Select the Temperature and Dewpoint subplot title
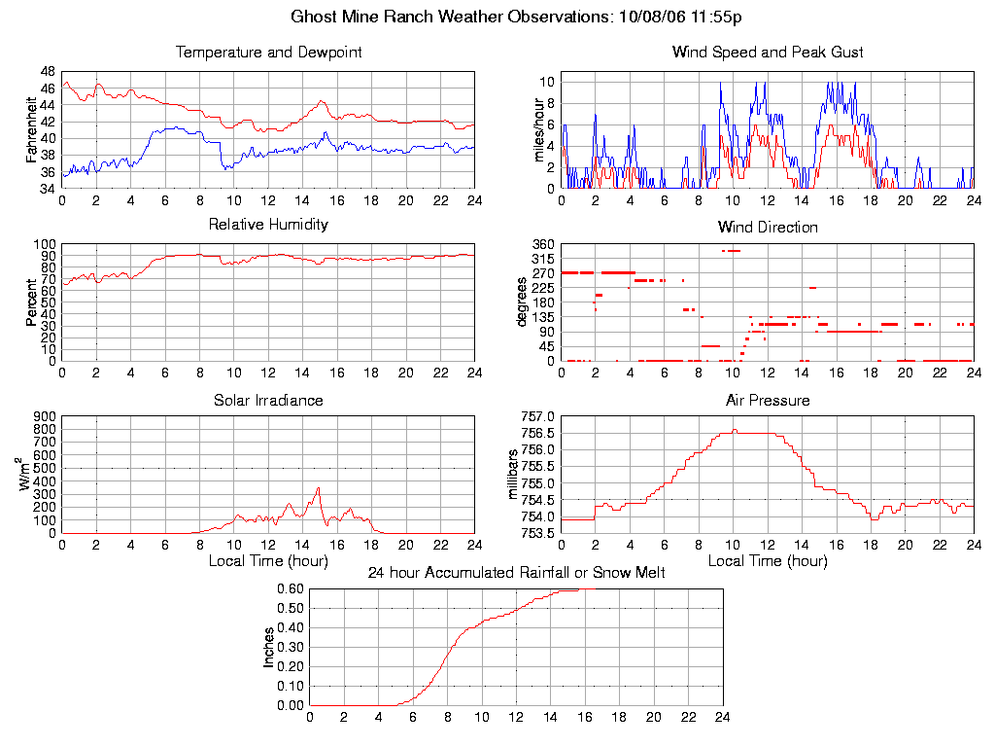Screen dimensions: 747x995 [268, 53]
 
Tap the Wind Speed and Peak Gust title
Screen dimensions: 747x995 [768, 53]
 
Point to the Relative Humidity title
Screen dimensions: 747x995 [268, 225]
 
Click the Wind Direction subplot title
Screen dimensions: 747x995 [768, 228]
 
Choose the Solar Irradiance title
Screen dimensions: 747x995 [268, 401]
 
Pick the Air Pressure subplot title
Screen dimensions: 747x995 [768, 401]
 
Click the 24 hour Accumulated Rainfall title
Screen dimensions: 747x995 [516, 573]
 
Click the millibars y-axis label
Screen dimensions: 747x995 [516, 475]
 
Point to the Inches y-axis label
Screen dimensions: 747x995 [269, 647]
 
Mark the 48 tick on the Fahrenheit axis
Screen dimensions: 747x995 [48, 71]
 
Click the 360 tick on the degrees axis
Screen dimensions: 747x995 [541, 244]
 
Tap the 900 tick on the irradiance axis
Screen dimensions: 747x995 [44, 416]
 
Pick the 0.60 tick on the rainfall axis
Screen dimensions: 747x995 [290, 588]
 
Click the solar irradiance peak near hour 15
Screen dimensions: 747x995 [318, 488]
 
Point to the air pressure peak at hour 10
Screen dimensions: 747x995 [735, 430]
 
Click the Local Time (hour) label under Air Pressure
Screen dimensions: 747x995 [768, 561]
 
